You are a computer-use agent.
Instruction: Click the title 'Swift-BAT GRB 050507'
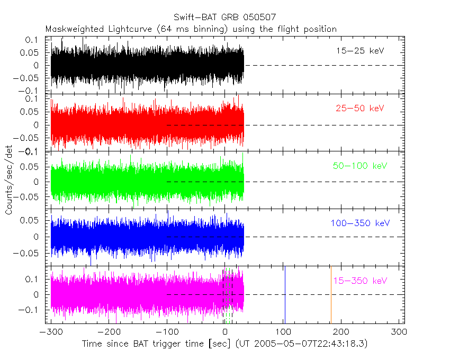tap(224, 17)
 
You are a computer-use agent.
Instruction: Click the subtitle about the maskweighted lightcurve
tap(191, 29)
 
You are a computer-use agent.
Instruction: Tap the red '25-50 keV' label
tap(360, 109)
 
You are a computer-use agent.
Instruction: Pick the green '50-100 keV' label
tap(360, 166)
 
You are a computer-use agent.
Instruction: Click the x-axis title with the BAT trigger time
tap(224, 344)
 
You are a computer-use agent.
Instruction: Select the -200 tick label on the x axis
tap(109, 332)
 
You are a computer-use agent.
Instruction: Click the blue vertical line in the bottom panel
tap(285, 294)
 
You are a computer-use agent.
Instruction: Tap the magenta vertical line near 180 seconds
tap(331, 294)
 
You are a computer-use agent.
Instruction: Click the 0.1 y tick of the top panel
tap(32, 40)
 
